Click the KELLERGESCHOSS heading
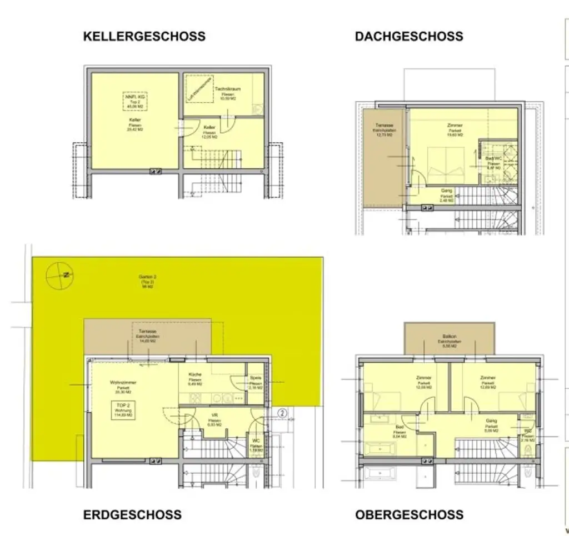coord(144,37)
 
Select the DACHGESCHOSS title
coord(408,37)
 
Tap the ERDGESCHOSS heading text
coord(132,515)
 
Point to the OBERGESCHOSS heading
coord(409,515)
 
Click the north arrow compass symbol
coord(60,275)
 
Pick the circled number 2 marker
coord(282,413)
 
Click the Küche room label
coord(195,375)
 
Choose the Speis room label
coord(255,378)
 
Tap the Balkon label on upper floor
coord(450,337)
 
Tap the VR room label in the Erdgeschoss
coord(214,415)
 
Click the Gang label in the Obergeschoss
coord(491,421)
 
